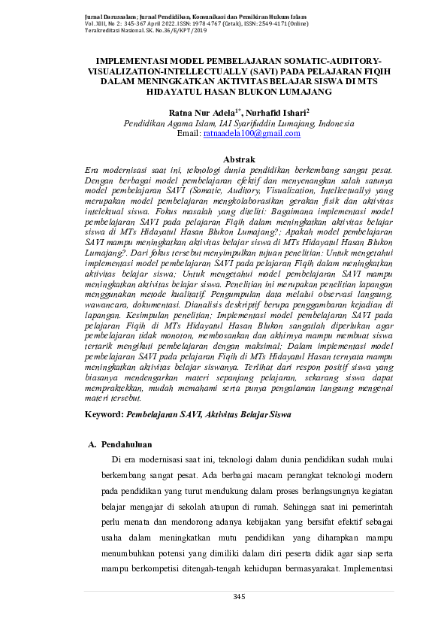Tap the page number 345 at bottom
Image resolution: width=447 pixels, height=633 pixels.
[x=240, y=597]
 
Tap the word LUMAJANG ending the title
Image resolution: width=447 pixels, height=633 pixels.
[x=284, y=92]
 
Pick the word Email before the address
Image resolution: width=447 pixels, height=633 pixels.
[x=189, y=133]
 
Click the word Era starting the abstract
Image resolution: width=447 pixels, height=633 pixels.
[x=94, y=170]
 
